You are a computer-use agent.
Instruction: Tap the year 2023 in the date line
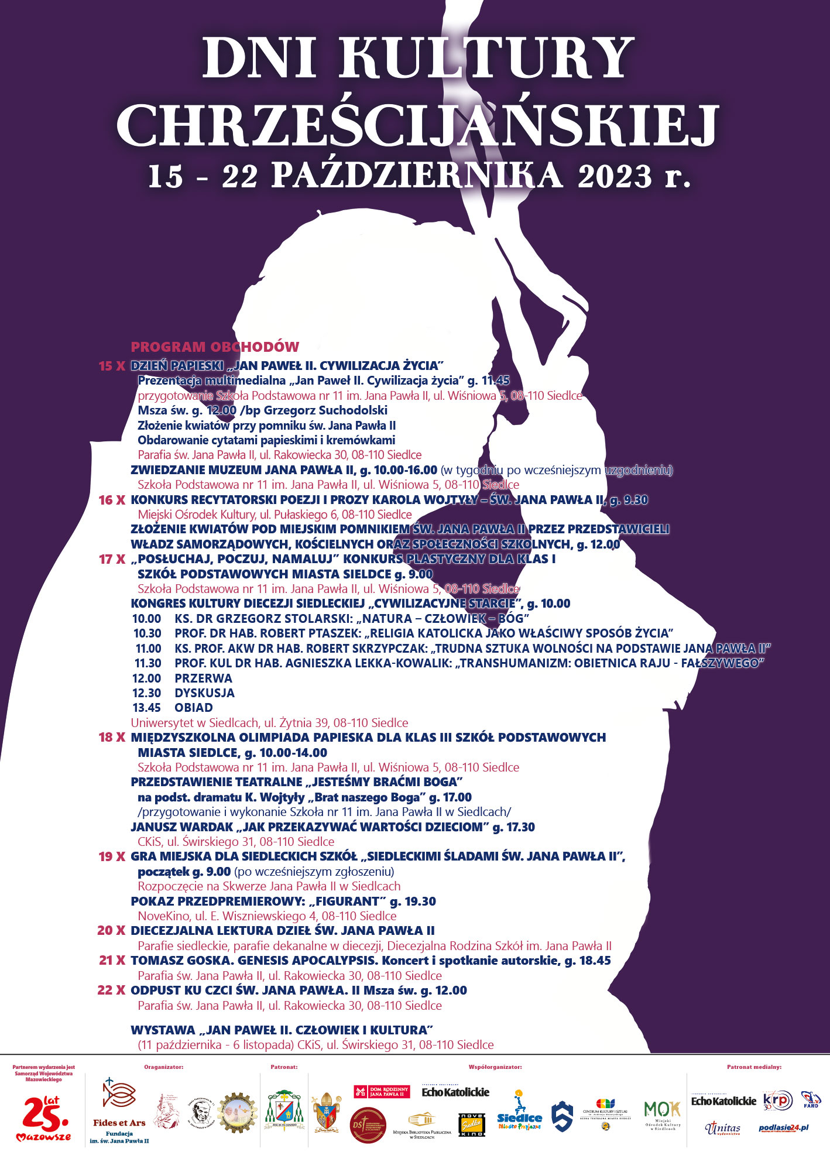[x=614, y=176]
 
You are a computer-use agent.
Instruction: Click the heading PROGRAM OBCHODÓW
[x=215, y=347]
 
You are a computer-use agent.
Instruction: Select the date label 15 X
[x=112, y=366]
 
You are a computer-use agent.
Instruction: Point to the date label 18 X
[x=112, y=738]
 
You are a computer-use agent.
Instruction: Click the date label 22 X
[x=111, y=990]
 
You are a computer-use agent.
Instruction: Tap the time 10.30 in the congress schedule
[x=147, y=633]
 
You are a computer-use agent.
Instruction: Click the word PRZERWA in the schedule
[x=203, y=678]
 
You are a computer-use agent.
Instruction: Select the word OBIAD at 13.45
[x=194, y=708]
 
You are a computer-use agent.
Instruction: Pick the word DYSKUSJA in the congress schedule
[x=204, y=693]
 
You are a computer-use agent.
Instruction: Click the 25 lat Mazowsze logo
[x=44, y=1119]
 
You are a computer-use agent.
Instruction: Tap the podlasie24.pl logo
[x=783, y=1128]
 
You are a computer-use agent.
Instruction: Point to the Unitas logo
[x=723, y=1128]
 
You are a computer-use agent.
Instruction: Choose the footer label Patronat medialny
[x=754, y=1067]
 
